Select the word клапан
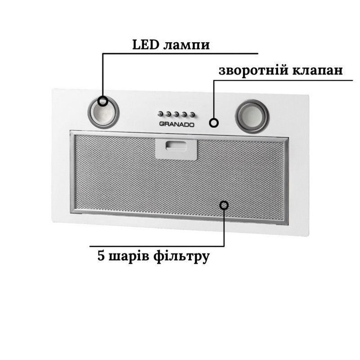tap(318, 72)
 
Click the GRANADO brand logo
tap(177, 125)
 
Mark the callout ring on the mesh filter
tap(224, 205)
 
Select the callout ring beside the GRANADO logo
tap(215, 122)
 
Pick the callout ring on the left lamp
tap(103, 101)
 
